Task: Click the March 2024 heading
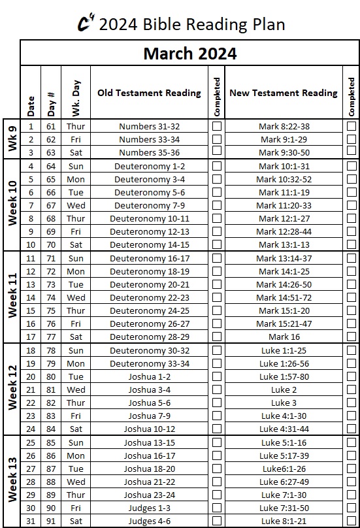point(190,53)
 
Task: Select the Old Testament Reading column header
point(149,93)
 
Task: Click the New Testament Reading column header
point(284,93)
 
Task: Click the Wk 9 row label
point(11,139)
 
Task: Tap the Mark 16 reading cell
point(284,337)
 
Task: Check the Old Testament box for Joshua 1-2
point(217,376)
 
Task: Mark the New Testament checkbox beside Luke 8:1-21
point(352,521)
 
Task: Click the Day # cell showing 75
point(50,311)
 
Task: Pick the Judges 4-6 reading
point(150,521)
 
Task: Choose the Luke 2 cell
point(284,389)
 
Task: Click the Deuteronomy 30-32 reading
point(150,350)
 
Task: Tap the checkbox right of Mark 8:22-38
point(352,126)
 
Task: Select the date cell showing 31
point(31,521)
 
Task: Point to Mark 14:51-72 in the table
point(284,297)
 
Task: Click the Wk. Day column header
point(75,93)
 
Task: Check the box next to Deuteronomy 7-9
point(217,205)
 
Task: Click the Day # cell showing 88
point(50,482)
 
